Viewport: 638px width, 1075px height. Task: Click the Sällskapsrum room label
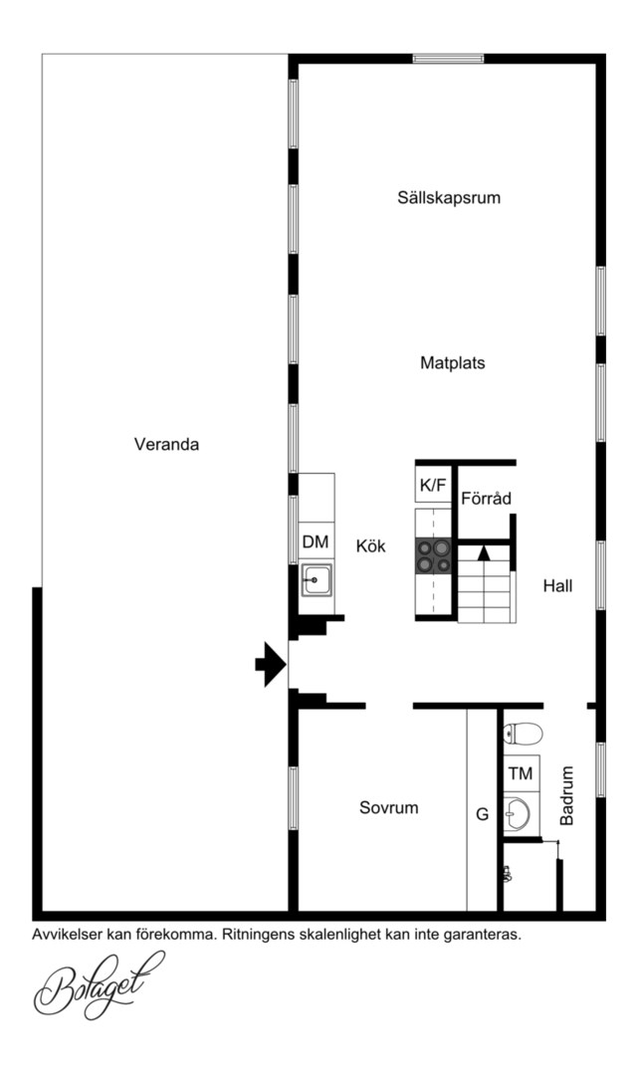click(449, 198)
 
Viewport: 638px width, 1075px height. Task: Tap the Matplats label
click(452, 362)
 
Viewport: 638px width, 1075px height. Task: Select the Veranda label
click(166, 444)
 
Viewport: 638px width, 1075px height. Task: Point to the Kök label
click(370, 546)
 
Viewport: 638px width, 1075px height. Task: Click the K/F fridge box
click(433, 486)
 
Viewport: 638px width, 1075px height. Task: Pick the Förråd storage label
click(486, 499)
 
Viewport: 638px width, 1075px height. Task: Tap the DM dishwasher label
click(316, 542)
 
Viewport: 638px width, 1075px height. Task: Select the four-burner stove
click(434, 556)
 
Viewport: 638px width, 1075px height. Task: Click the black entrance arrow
click(271, 664)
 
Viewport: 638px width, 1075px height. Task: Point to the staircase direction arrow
click(484, 552)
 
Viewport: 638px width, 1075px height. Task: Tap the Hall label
click(557, 586)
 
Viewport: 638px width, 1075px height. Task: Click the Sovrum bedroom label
click(388, 807)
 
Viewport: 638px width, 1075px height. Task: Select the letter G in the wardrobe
click(483, 814)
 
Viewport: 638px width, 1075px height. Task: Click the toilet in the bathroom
click(523, 734)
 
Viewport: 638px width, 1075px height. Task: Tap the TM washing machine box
click(522, 774)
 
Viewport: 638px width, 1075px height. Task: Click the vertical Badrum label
click(567, 795)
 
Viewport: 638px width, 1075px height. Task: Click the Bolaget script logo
click(100, 984)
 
